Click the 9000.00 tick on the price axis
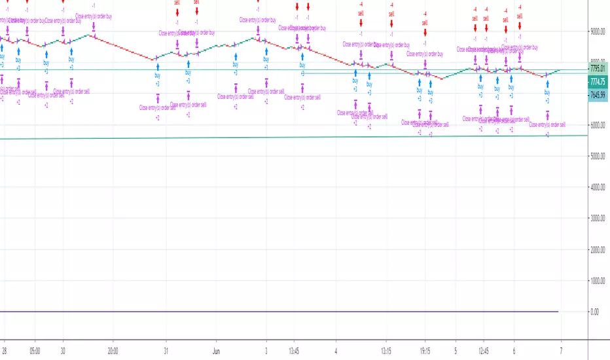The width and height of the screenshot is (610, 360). pos(598,31)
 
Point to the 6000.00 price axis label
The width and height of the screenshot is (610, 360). pos(598,125)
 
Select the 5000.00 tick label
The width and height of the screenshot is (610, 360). pos(598,156)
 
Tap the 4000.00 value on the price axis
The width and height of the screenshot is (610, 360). pos(598,187)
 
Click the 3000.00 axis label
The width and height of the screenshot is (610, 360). pos(598,219)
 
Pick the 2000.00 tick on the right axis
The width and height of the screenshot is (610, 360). pos(598,250)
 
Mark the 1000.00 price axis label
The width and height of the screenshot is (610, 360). pos(598,281)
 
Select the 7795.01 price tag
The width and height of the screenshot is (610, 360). pos(598,68)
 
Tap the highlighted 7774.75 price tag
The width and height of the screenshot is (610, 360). pos(598,82)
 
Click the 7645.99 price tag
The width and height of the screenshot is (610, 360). pos(598,94)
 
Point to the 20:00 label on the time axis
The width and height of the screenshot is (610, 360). pos(113,350)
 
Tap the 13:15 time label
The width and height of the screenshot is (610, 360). pos(386,350)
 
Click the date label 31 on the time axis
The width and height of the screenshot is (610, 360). pos(166,350)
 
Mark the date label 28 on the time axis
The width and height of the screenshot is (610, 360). pos(5,350)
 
